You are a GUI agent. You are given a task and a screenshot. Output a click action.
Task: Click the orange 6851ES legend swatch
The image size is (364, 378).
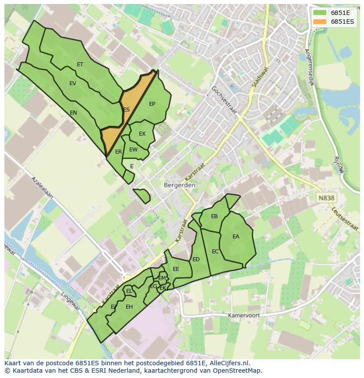(320, 21)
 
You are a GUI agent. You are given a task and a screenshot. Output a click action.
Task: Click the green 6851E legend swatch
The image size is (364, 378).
(320, 13)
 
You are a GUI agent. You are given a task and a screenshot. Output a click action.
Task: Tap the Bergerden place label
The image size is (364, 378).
(179, 185)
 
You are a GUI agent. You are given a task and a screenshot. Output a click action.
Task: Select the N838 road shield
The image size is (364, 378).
(326, 198)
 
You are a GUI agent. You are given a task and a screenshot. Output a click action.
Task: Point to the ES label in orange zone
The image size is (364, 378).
(127, 110)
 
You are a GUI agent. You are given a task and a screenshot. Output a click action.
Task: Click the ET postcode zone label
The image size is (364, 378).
(80, 65)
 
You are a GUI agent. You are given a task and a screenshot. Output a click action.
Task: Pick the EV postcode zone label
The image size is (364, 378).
(73, 83)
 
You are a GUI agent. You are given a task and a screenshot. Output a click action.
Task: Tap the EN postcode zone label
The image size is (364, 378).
(73, 113)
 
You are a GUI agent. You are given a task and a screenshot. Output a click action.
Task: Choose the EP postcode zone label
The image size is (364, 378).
(152, 104)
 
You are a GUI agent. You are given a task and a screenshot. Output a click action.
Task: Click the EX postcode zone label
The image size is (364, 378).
(142, 134)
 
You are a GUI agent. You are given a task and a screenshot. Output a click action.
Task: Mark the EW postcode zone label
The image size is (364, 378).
(133, 150)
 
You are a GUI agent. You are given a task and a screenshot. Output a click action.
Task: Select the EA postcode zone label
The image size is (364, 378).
(236, 237)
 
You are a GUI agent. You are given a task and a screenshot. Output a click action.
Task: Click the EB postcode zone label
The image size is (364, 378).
(214, 216)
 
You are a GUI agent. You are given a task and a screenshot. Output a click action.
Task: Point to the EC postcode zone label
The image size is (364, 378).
(215, 252)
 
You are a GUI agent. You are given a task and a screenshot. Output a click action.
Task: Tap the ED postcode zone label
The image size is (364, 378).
(196, 259)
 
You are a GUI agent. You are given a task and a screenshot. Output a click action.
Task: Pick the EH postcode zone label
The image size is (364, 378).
(129, 307)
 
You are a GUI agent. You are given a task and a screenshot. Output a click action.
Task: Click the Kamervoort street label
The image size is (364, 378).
(244, 316)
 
